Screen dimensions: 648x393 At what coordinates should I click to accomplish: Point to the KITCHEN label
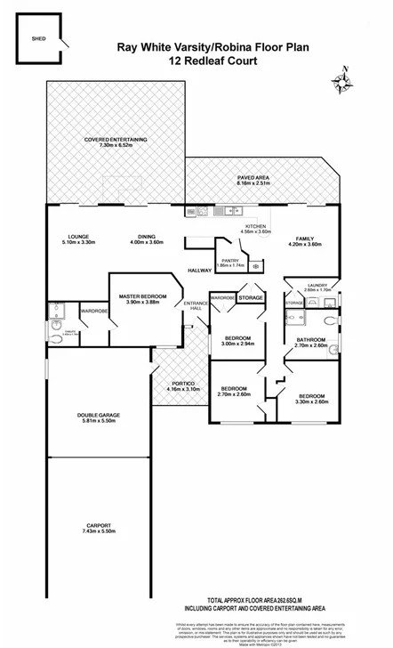pyautogui.click(x=256, y=227)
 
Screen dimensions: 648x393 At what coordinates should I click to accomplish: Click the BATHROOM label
pyautogui.click(x=312, y=342)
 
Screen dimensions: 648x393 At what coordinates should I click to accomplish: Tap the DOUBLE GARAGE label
pyautogui.click(x=98, y=417)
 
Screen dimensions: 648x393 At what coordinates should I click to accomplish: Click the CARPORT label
pyautogui.click(x=98, y=526)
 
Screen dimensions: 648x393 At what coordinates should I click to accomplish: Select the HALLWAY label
pyautogui.click(x=198, y=270)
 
